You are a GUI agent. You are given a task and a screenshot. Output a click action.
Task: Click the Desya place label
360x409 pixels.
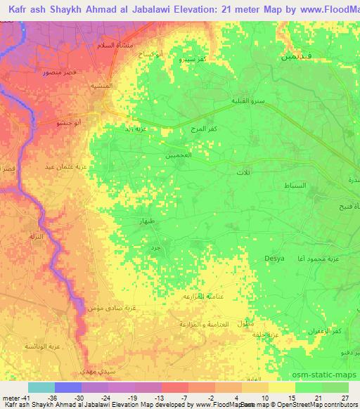pyautogui.click(x=274, y=259)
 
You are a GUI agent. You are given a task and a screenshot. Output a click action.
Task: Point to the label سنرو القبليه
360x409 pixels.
pyautogui.click(x=247, y=101)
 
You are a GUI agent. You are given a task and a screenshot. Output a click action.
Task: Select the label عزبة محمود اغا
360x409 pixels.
pyautogui.click(x=330, y=262)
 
